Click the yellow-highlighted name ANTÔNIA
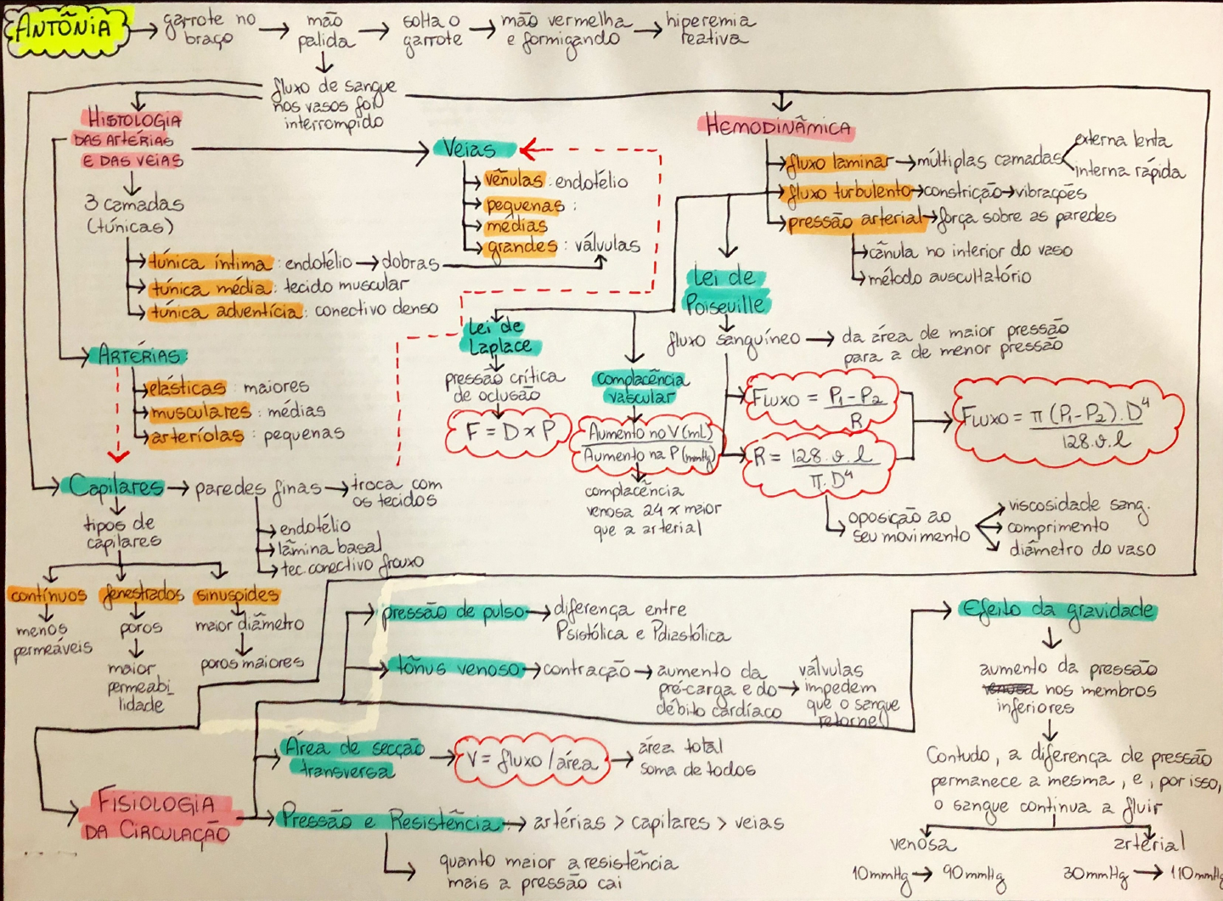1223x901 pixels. pyautogui.click(x=66, y=28)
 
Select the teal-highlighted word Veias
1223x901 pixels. pyautogui.click(x=471, y=149)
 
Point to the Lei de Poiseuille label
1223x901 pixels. pyautogui.click(x=725, y=290)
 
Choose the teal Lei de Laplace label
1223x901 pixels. pyautogui.click(x=501, y=336)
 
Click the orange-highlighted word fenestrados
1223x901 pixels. pyautogui.click(x=142, y=594)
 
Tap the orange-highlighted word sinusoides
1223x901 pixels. pyautogui.click(x=236, y=595)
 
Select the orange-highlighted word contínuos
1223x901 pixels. pyautogui.click(x=48, y=595)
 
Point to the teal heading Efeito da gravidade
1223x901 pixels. pyautogui.click(x=1057, y=610)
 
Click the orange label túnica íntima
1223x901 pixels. pyautogui.click(x=210, y=262)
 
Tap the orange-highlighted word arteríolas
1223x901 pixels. pyautogui.click(x=196, y=436)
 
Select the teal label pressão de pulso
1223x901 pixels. pyautogui.click(x=454, y=612)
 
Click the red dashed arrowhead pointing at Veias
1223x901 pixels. pyautogui.click(x=528, y=150)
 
